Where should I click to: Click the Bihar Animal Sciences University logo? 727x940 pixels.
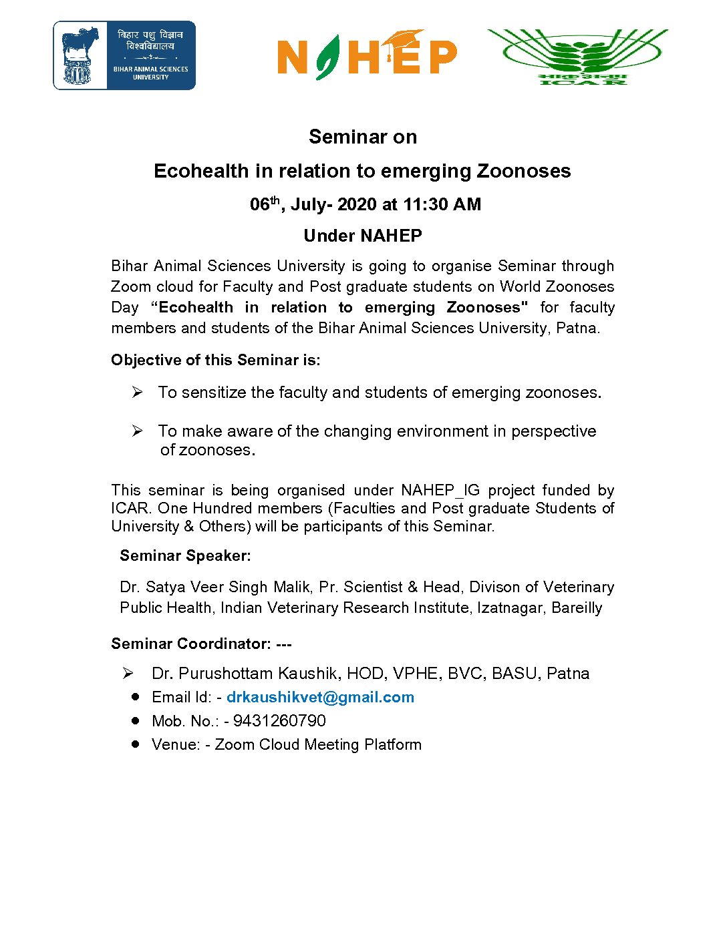point(124,55)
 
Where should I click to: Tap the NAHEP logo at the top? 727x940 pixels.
point(367,55)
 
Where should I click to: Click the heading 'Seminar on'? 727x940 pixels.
point(363,137)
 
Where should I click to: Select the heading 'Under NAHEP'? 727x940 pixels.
point(363,236)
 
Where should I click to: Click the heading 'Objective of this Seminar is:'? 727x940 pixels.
point(216,360)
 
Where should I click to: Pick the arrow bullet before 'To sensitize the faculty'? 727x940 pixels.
point(137,392)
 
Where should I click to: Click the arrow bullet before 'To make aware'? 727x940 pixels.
point(137,431)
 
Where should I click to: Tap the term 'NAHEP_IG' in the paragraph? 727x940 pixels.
point(440,490)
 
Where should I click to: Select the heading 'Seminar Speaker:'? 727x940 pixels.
point(185,555)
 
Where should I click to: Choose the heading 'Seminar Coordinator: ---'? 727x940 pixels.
point(201,644)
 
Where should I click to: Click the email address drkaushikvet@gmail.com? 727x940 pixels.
point(320,697)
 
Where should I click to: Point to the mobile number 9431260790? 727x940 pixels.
point(279,721)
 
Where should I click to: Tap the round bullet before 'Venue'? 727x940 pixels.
point(136,744)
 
